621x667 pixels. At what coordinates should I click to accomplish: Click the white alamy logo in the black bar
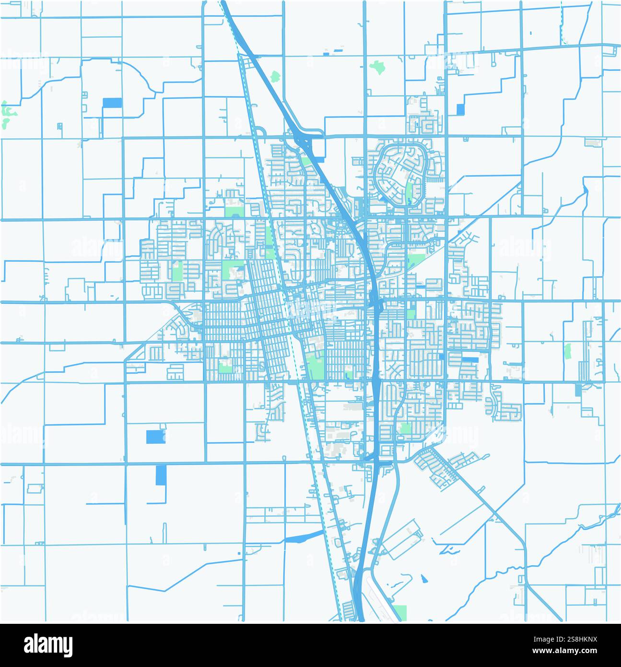[x=48, y=645]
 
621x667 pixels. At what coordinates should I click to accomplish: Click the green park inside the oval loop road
[x=409, y=190]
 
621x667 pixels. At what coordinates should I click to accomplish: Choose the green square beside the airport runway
[x=399, y=612]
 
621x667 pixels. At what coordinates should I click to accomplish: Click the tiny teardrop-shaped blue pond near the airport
[x=424, y=578]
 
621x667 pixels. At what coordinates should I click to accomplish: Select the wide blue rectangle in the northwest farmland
[x=112, y=103]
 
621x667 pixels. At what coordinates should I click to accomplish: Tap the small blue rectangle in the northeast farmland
[x=461, y=109]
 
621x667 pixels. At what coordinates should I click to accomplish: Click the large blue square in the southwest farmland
[x=154, y=437]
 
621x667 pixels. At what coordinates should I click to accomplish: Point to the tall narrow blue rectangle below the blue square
[x=160, y=475]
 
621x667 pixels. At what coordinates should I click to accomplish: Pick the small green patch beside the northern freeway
[x=275, y=76]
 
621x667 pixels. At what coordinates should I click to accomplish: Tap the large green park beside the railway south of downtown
[x=316, y=366]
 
